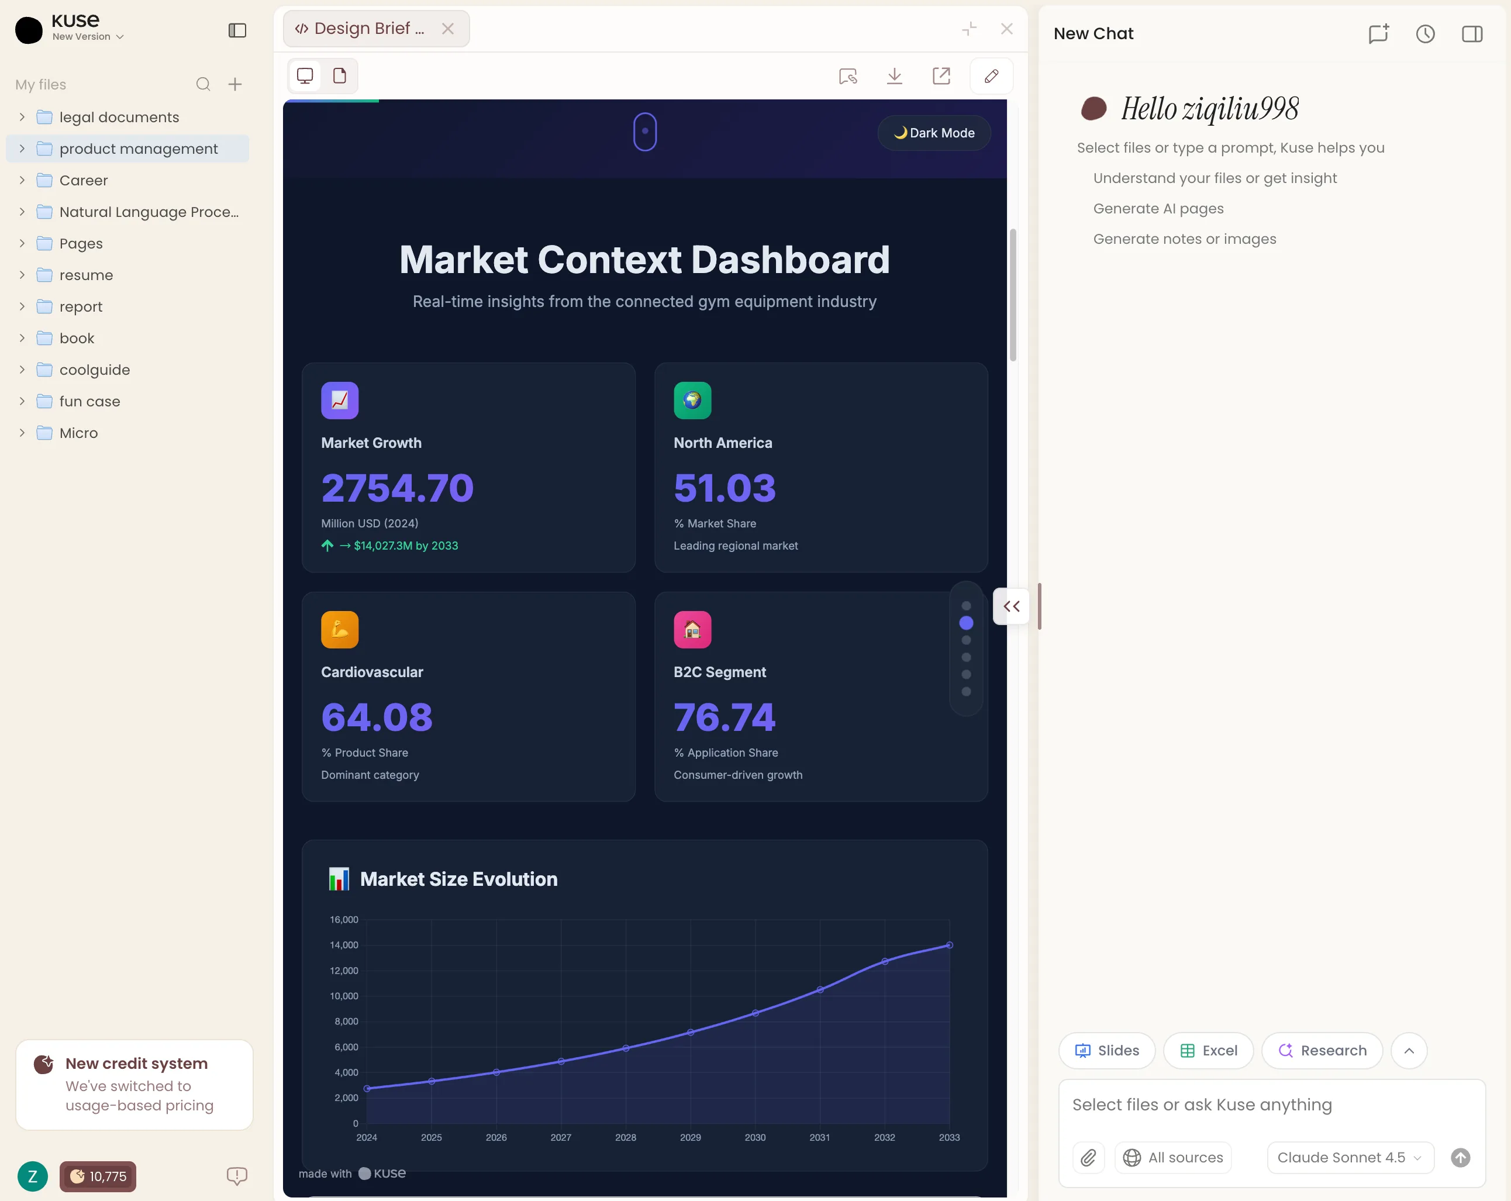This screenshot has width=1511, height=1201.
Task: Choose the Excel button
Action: [x=1208, y=1050]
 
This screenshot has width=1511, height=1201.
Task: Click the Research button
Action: [x=1322, y=1050]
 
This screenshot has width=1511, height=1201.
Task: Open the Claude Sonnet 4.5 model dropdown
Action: [x=1350, y=1158]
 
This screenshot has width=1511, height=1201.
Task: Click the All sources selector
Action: [x=1173, y=1158]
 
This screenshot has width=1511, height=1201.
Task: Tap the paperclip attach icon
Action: [x=1088, y=1158]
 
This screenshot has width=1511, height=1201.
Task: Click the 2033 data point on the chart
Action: [x=950, y=945]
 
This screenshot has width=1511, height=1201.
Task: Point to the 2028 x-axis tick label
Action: [x=626, y=1137]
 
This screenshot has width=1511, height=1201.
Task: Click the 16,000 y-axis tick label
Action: [x=343, y=919]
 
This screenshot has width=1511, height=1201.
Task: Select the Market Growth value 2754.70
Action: [x=398, y=488]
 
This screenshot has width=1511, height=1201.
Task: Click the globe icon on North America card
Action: [x=692, y=400]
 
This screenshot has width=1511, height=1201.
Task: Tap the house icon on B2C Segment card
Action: [x=692, y=629]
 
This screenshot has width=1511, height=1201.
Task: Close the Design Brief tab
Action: [x=448, y=29]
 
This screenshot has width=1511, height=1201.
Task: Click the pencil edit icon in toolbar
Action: [x=991, y=75]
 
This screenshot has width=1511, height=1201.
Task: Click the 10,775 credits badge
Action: [x=98, y=1176]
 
